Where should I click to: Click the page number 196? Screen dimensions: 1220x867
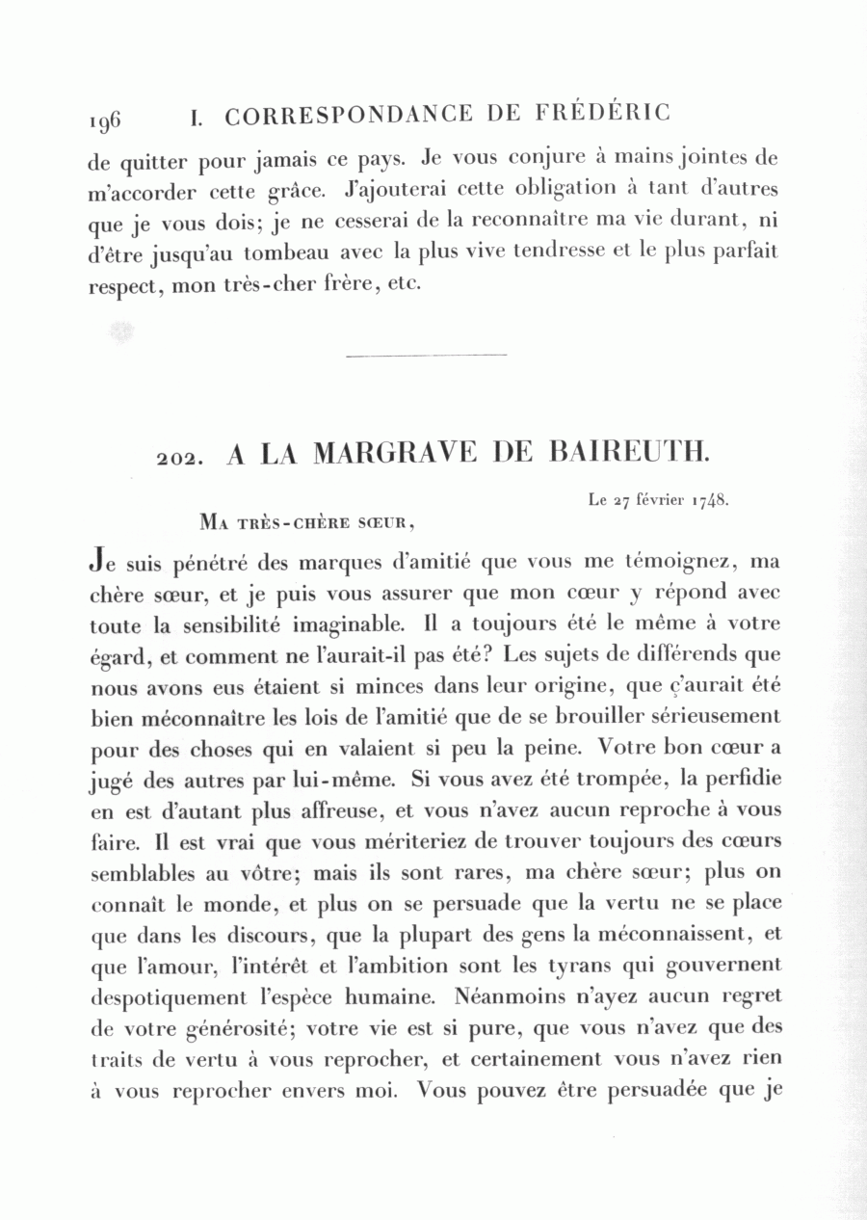point(104,120)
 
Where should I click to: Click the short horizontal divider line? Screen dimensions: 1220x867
point(425,356)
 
